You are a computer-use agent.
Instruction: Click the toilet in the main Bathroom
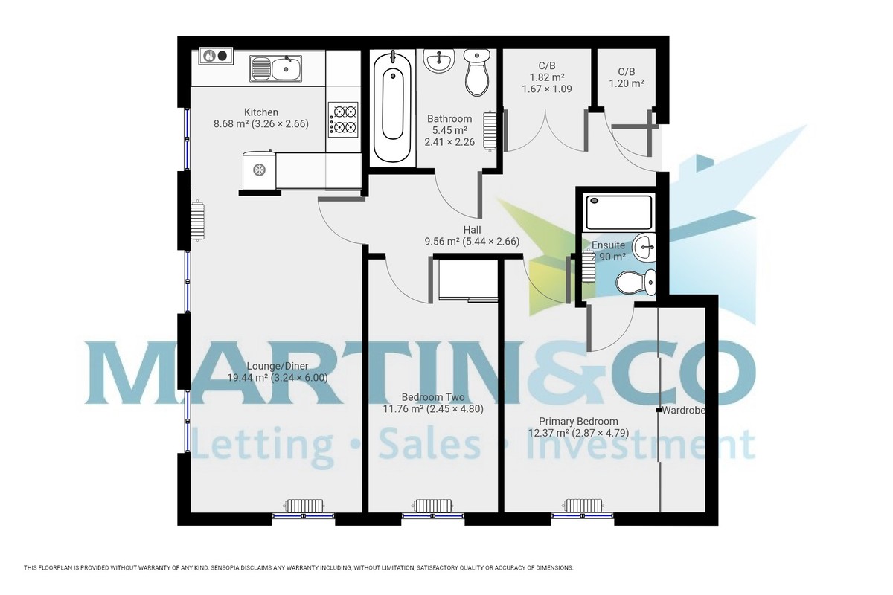click(476, 71)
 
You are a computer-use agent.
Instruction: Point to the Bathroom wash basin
click(439, 59)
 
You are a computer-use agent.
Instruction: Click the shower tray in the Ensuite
click(618, 212)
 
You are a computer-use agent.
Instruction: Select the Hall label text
click(471, 230)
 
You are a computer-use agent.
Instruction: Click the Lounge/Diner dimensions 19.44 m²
click(277, 377)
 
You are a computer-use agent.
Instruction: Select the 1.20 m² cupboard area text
click(626, 83)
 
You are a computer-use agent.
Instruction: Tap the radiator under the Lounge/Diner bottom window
click(305, 505)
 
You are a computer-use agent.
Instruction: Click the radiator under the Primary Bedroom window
click(583, 506)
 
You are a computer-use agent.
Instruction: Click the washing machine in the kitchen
click(259, 170)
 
